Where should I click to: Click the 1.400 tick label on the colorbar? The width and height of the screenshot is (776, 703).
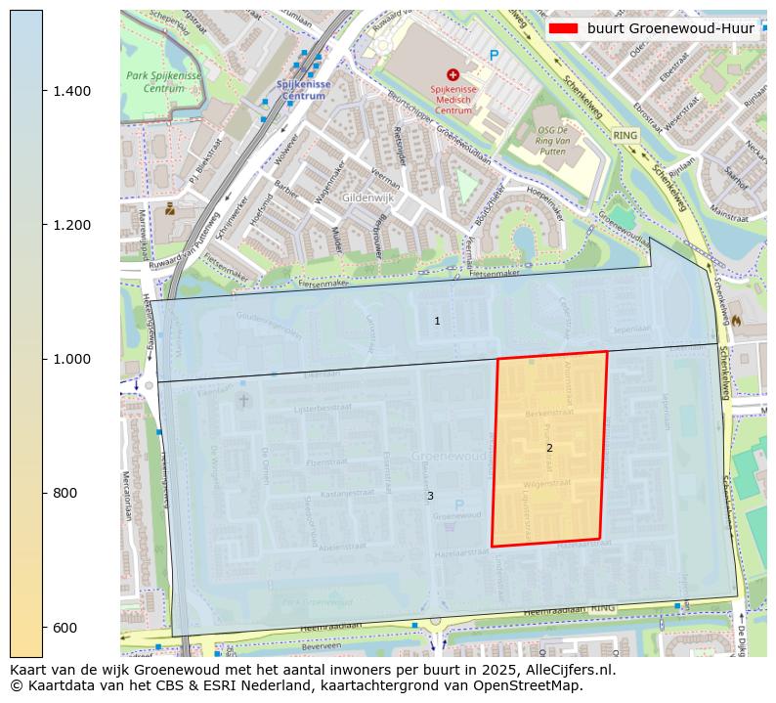[70, 91]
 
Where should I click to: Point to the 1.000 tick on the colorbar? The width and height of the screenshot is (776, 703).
[70, 359]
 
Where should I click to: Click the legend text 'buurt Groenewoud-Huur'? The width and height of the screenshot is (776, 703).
[670, 28]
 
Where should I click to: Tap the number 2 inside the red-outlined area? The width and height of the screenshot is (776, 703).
[549, 448]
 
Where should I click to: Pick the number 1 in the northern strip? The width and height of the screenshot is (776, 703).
[437, 321]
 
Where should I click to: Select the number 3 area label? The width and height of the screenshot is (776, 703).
[430, 496]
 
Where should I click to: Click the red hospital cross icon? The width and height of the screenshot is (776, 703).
[452, 74]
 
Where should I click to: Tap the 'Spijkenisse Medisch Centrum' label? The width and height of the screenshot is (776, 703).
[452, 100]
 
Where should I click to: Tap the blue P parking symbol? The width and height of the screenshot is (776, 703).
[494, 56]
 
